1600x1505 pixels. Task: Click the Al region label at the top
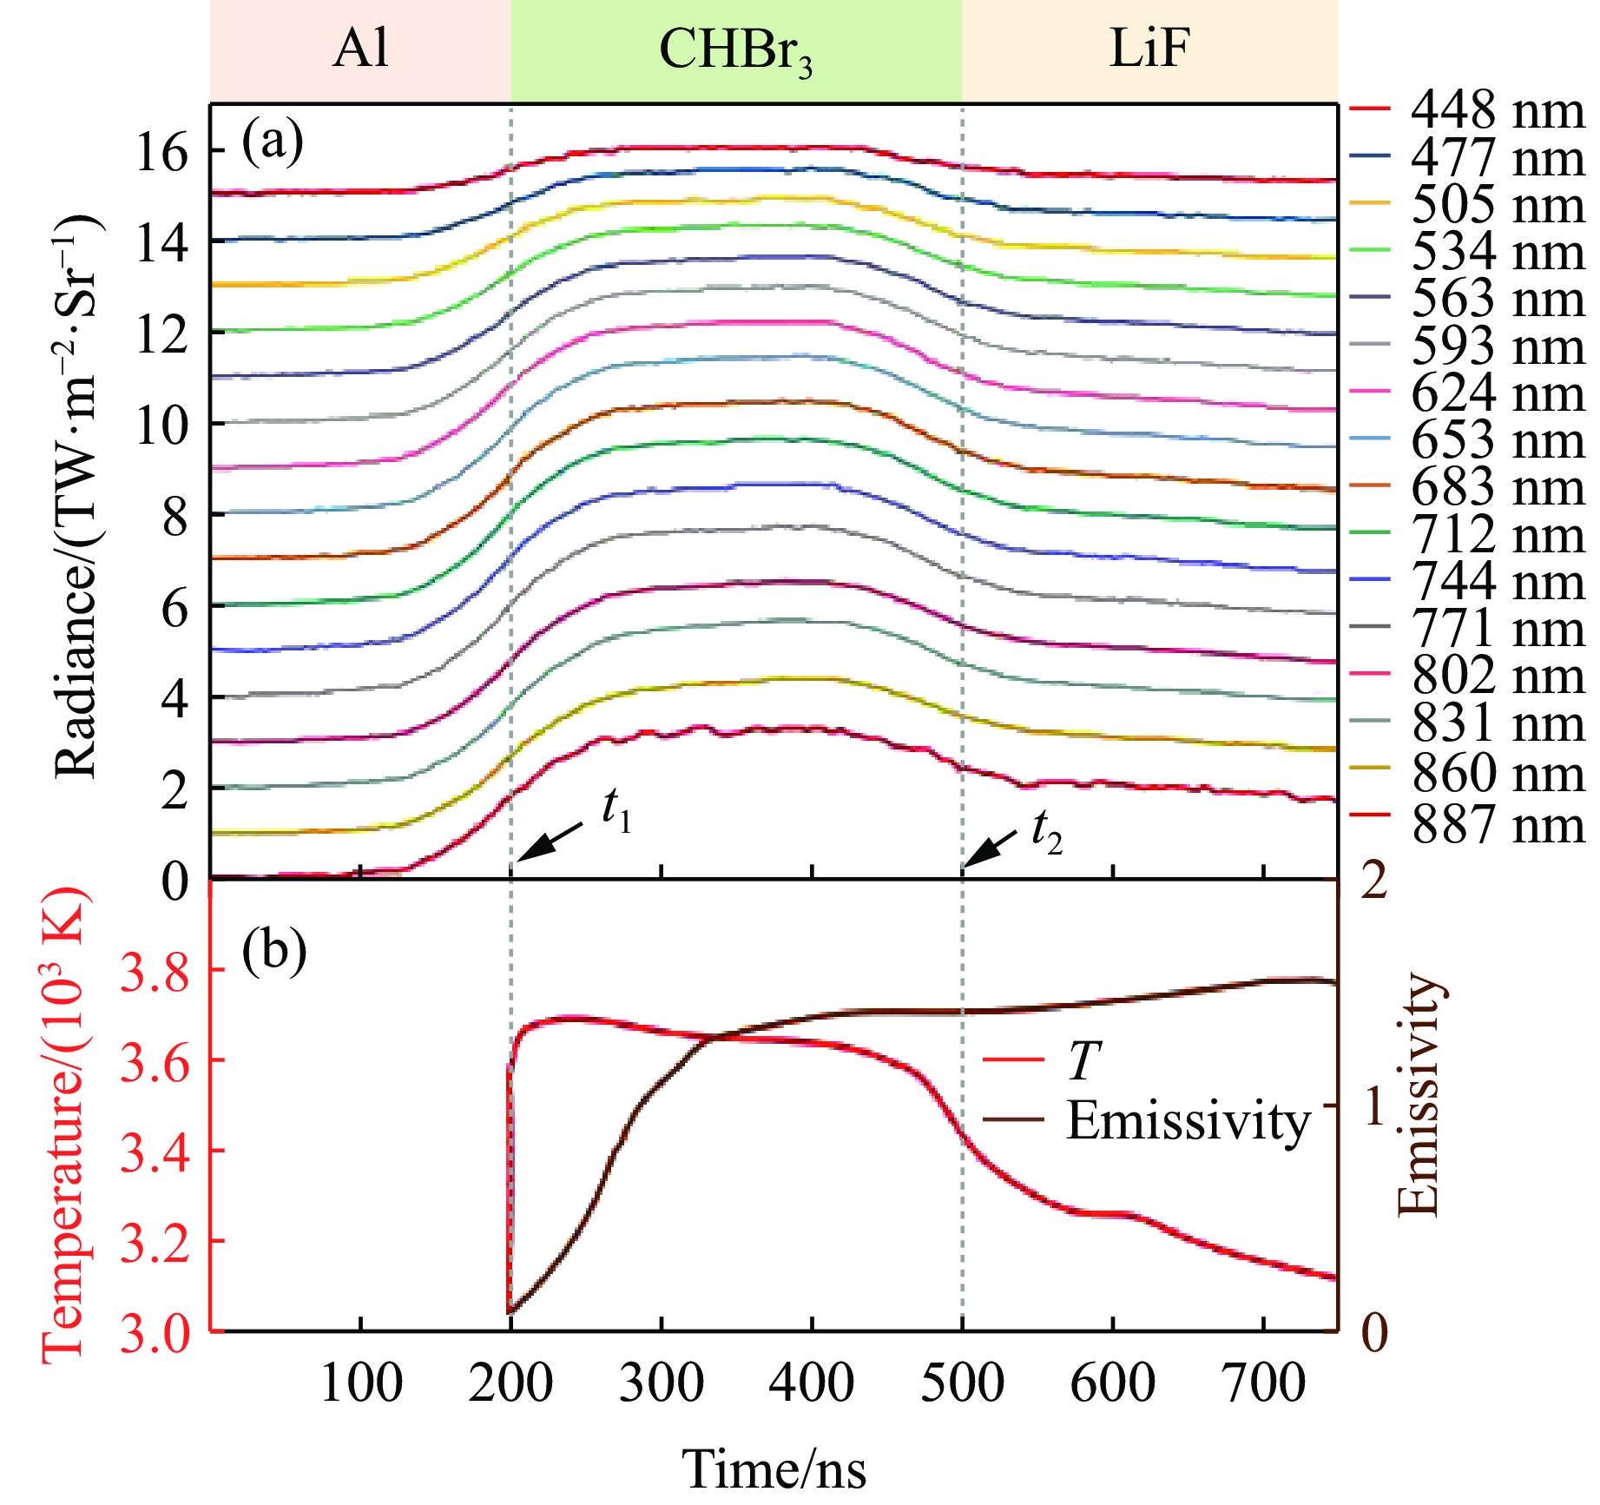tap(360, 49)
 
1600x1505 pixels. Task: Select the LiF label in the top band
tap(1149, 49)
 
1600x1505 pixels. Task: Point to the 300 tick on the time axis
tap(662, 1383)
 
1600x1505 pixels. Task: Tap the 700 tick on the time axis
tap(1263, 1383)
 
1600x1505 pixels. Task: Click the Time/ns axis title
tap(774, 1469)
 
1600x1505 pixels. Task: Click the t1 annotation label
tap(617, 813)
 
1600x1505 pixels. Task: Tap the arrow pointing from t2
tap(990, 848)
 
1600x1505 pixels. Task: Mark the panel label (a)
tap(273, 142)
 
